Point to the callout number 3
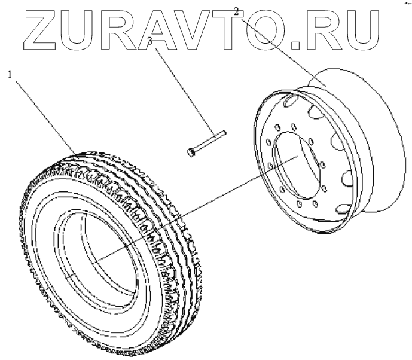point(150,41)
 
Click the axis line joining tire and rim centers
point(197,206)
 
